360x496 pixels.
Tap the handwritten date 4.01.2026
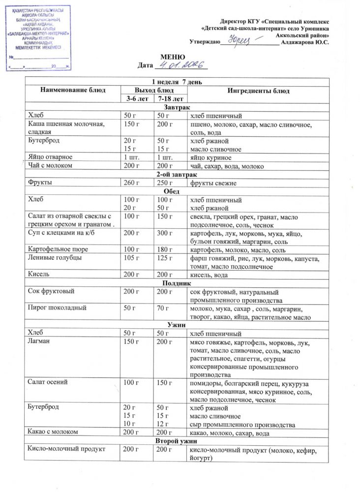180,64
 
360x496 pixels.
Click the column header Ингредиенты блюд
258,91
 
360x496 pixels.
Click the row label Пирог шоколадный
58,308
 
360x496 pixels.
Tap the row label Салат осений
48,382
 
